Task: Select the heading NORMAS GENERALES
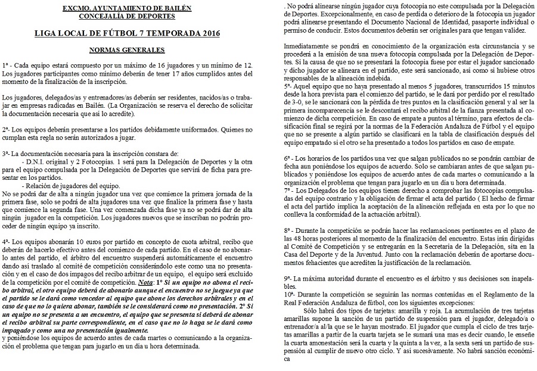click(x=127, y=50)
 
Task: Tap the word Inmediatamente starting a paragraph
click(x=309, y=46)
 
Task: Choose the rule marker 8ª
click(x=287, y=229)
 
